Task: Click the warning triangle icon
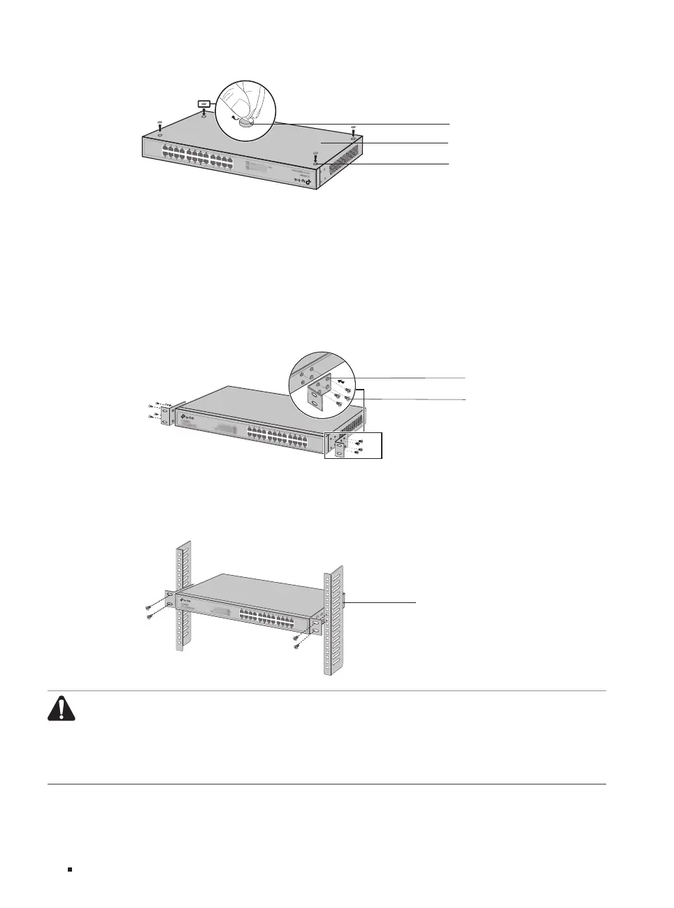[62, 709]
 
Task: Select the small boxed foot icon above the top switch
[204, 102]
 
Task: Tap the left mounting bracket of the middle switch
[168, 413]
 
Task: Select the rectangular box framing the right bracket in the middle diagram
[354, 445]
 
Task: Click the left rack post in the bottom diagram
[179, 595]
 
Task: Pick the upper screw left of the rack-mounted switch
[149, 607]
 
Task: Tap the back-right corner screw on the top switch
[354, 132]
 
